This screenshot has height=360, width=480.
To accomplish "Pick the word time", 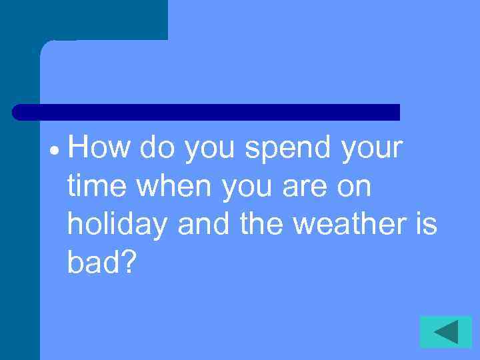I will [x=97, y=187].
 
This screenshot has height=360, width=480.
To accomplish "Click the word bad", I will [x=93, y=264].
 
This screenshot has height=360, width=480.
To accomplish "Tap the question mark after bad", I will [x=127, y=264].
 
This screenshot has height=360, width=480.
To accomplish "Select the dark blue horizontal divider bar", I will [x=206, y=112].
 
